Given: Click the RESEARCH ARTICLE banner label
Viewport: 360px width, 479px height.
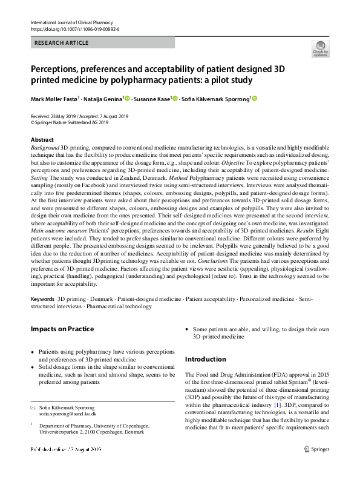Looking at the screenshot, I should [x=62, y=43].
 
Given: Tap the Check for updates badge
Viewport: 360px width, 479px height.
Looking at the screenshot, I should [x=320, y=48].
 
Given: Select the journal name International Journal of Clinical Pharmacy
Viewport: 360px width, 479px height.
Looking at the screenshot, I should [x=69, y=22].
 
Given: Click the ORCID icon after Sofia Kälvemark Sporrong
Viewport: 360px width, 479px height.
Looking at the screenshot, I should [x=254, y=99].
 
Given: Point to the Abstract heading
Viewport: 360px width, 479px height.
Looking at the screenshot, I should [x=42, y=139].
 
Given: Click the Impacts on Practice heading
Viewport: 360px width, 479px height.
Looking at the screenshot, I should [x=62, y=329].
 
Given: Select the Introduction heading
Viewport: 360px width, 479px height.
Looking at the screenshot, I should [x=205, y=359].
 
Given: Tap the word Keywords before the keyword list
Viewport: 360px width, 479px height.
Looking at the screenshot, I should [x=42, y=300].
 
